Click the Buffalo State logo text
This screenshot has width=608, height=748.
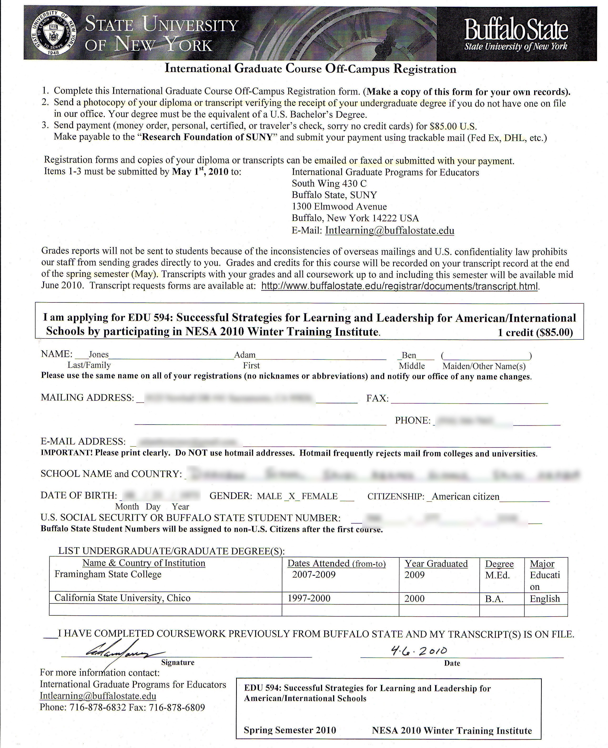(x=516, y=30)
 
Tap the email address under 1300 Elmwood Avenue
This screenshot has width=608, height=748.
(x=390, y=231)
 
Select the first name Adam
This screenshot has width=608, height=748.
(x=245, y=355)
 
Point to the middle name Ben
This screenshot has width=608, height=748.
(x=409, y=355)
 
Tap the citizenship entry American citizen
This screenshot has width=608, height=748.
(x=466, y=497)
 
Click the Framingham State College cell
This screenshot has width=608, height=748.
(x=108, y=574)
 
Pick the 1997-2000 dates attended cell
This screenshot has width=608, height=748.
(x=309, y=598)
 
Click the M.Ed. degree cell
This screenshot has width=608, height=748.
(x=497, y=575)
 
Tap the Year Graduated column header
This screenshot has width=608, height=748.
(x=436, y=564)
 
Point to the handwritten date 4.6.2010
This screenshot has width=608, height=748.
(x=419, y=651)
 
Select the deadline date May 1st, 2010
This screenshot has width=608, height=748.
(x=200, y=171)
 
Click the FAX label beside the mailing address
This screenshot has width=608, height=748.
(x=377, y=398)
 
